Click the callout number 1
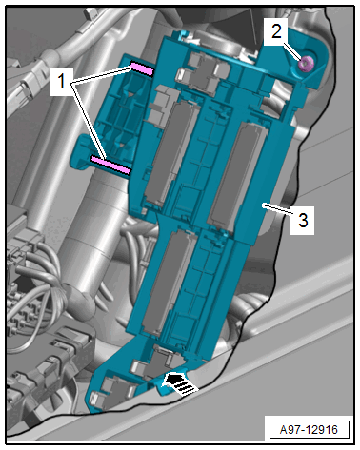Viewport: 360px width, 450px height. tap(61, 81)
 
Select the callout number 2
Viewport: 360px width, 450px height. tap(276, 31)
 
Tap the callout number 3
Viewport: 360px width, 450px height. tap(303, 220)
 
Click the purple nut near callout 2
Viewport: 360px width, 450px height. tap(306, 64)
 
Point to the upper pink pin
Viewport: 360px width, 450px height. tap(142, 68)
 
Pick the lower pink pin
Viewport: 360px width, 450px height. tap(110, 165)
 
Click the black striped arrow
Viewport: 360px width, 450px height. tap(180, 383)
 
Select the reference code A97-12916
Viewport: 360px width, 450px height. tap(309, 430)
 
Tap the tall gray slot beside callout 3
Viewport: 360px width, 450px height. tap(237, 177)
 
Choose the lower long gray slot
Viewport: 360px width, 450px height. tap(169, 283)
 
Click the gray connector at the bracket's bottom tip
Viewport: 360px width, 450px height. tap(112, 392)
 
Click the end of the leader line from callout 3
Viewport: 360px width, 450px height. tap(262, 206)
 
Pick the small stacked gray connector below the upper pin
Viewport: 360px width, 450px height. tap(159, 102)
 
